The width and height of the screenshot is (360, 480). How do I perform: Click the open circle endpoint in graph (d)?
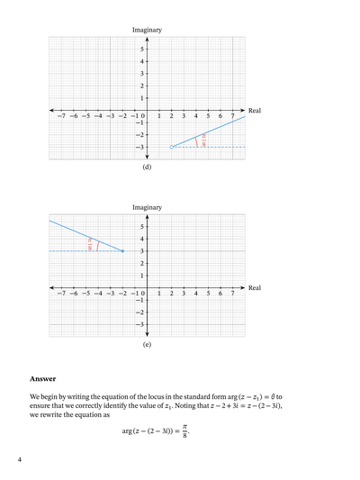[x=172, y=146]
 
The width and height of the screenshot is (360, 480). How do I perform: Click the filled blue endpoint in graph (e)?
[x=122, y=250]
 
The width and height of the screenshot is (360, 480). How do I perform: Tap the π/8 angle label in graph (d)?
[x=204, y=140]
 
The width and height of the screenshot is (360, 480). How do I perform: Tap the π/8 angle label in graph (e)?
[x=90, y=244]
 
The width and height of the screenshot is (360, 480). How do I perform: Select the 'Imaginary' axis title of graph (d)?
[x=147, y=30]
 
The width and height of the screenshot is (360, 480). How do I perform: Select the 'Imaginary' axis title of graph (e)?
[x=147, y=207]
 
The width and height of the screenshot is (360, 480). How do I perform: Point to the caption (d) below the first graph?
[x=147, y=167]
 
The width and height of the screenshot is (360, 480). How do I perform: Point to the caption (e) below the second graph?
[x=147, y=344]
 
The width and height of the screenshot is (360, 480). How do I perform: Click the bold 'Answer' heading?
[x=43, y=379]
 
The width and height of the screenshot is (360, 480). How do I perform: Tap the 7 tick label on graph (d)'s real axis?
[x=233, y=116]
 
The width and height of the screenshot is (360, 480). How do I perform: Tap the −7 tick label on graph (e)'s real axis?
[x=59, y=294]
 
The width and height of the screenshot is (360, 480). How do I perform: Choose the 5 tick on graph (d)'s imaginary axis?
[x=142, y=49]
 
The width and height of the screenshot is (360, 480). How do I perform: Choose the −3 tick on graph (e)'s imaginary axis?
[x=140, y=324]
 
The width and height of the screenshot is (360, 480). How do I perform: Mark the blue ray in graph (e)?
[x=85, y=235]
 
